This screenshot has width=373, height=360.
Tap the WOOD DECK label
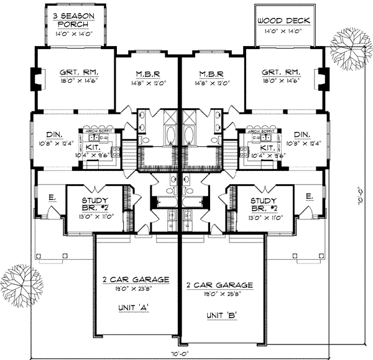283,21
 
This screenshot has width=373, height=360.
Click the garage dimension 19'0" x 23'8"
136,288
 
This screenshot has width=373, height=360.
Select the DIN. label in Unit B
302,134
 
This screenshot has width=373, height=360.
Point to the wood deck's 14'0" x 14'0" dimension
283,30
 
